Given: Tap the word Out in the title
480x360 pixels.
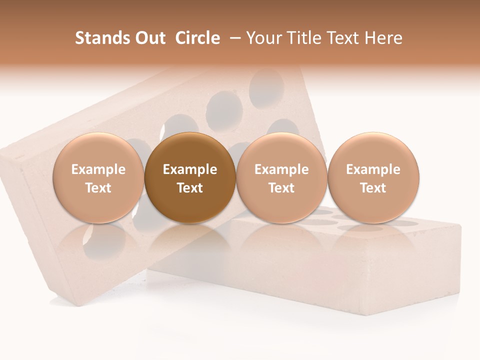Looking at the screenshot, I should tap(150, 38).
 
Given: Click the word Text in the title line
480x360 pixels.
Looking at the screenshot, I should tap(345, 38).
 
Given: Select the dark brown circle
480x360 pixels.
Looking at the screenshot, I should tap(190, 177).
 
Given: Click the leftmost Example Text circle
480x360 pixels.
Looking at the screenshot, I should tap(98, 177).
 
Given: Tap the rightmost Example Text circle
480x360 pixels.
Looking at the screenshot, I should tap(373, 177).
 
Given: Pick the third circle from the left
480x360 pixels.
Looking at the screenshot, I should tap(281, 177).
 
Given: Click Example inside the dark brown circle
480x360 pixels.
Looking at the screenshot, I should tap(190, 169).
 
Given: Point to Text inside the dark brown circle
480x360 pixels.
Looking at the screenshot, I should tap(190, 188).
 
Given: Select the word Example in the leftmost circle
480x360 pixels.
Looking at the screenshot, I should tap(98, 169).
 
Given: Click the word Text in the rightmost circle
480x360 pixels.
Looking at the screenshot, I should tap(373, 188).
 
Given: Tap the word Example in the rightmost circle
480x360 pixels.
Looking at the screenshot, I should tap(373, 169).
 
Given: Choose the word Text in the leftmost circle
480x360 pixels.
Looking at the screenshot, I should tap(98, 188).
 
